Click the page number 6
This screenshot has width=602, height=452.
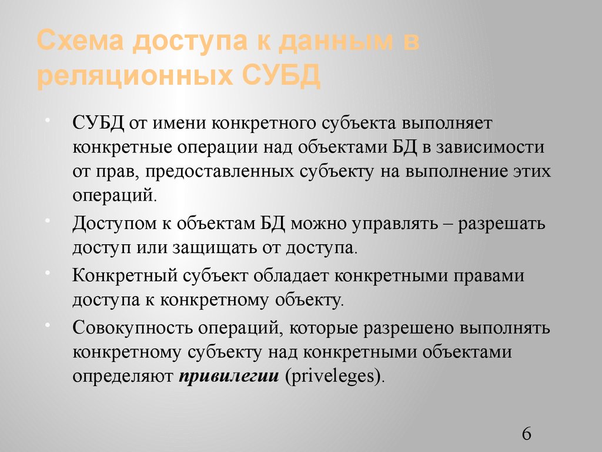point(526,434)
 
